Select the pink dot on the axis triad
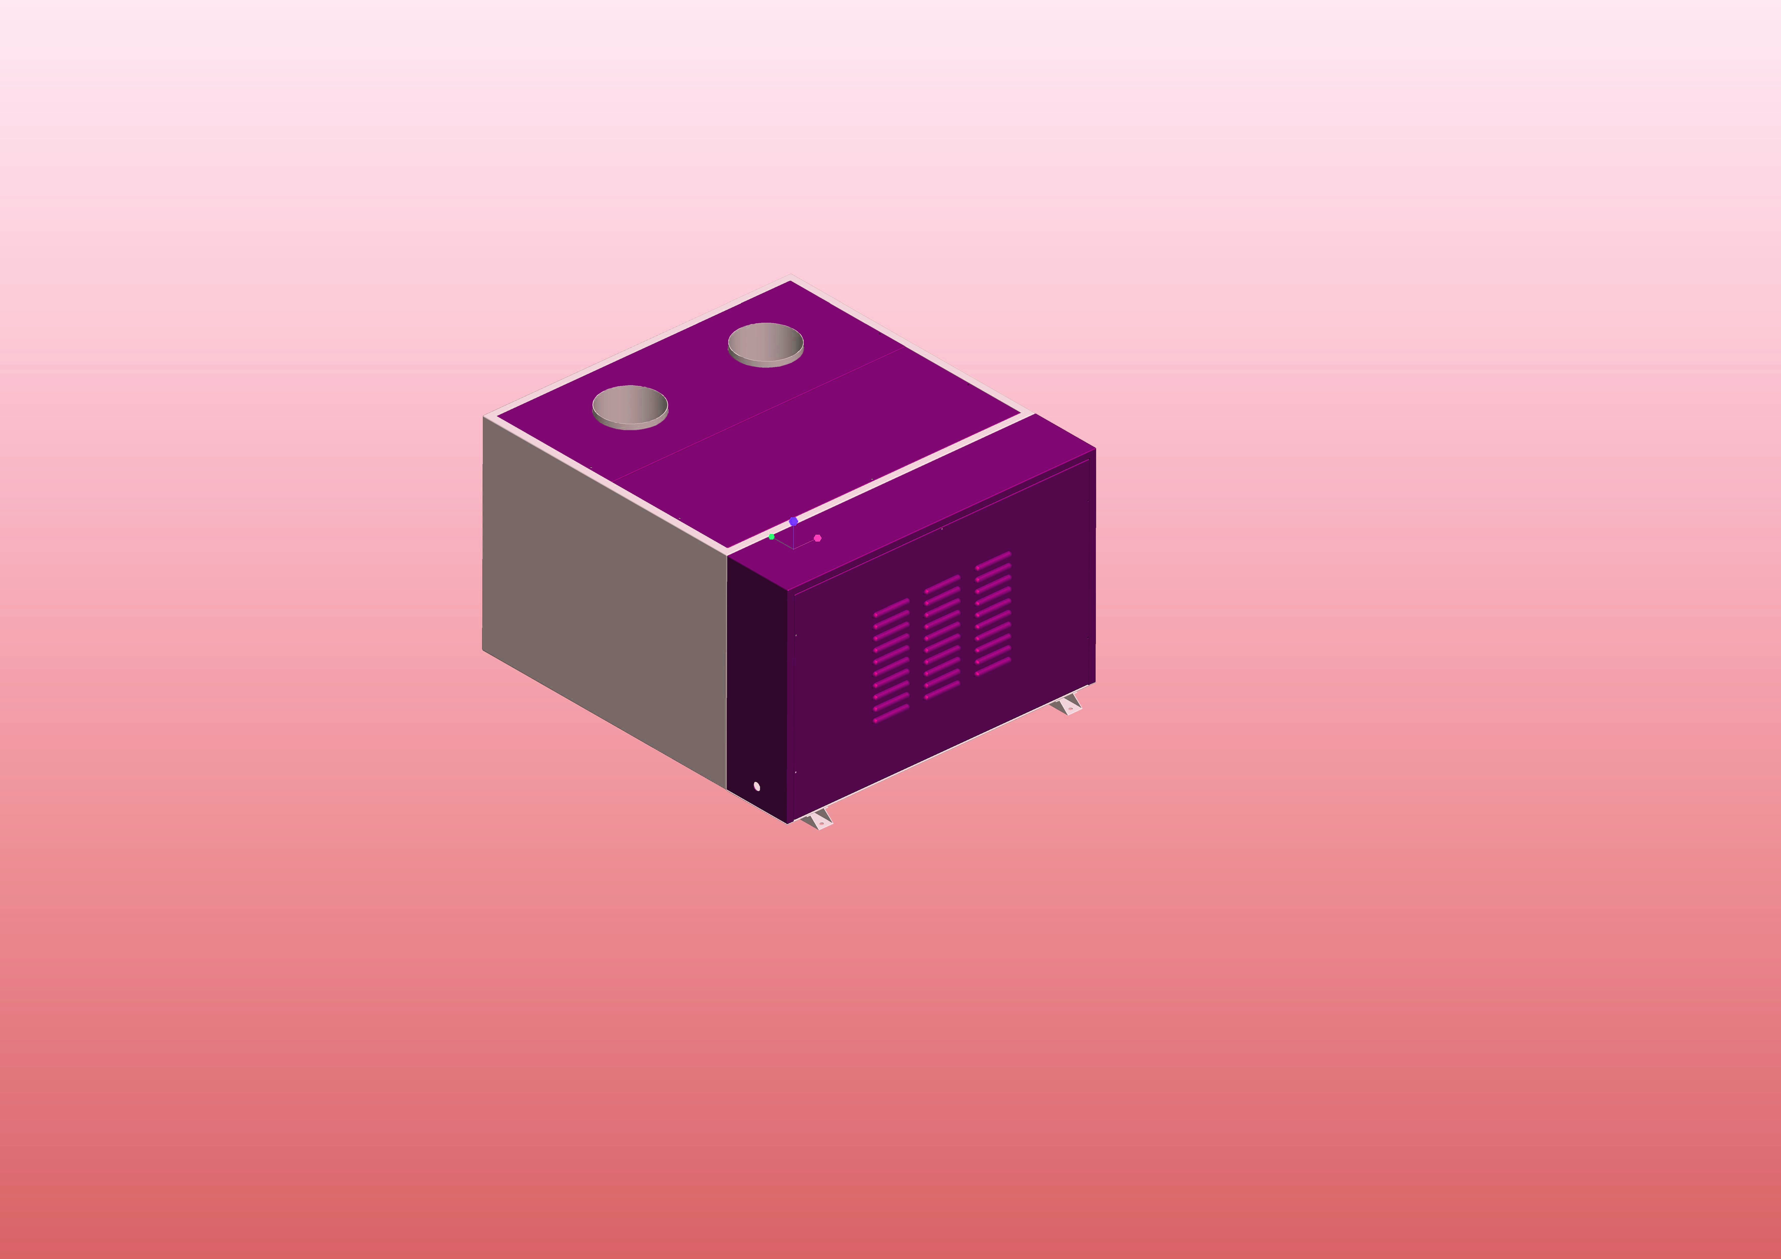[818, 538]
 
